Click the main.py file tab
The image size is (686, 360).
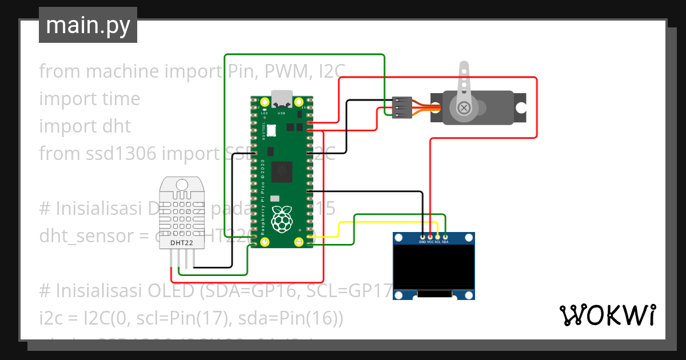[x=87, y=25]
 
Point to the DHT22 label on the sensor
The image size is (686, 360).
[x=182, y=243]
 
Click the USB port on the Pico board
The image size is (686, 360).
[x=281, y=98]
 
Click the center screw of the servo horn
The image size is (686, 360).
[x=465, y=107]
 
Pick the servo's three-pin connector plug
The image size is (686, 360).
[x=402, y=107]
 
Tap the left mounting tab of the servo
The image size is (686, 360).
[x=435, y=107]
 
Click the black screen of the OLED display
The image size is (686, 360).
[x=434, y=267]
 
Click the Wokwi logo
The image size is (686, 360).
[x=607, y=315]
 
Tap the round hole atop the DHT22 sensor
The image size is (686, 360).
[x=182, y=185]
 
